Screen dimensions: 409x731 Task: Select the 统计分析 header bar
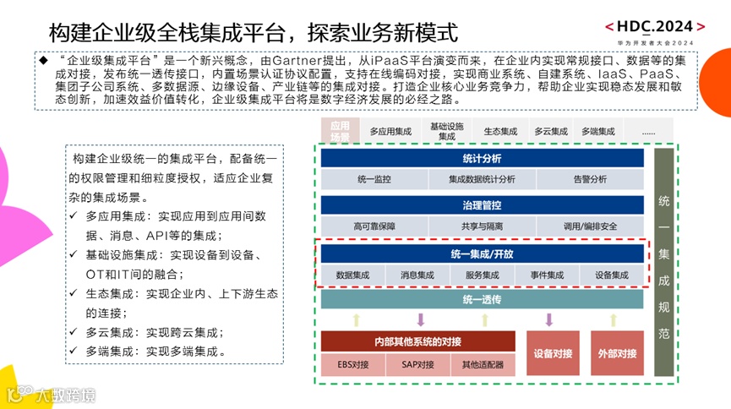coord(482,158)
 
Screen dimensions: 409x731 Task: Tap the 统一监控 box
coord(374,179)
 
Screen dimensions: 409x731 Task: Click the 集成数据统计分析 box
coord(482,179)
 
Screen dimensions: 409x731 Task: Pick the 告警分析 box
coord(590,179)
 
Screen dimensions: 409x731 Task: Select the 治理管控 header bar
coord(482,205)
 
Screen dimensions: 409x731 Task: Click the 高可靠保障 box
coord(374,226)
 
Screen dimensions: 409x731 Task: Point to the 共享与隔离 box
coord(482,226)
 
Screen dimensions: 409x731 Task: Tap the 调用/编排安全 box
coord(590,226)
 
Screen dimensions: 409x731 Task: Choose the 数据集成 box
coord(352,275)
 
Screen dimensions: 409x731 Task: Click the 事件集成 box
coord(547,275)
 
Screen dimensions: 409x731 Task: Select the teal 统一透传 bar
coord(482,300)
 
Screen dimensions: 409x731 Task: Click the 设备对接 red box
coord(554,353)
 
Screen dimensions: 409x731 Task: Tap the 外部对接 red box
coord(617,353)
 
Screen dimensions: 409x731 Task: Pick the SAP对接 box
coord(417,365)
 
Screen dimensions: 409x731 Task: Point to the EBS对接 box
coord(353,365)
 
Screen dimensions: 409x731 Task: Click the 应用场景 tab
coord(340,131)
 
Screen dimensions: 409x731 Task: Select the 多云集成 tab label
coord(551,132)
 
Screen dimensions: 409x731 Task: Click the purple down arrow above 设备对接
coord(548,319)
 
